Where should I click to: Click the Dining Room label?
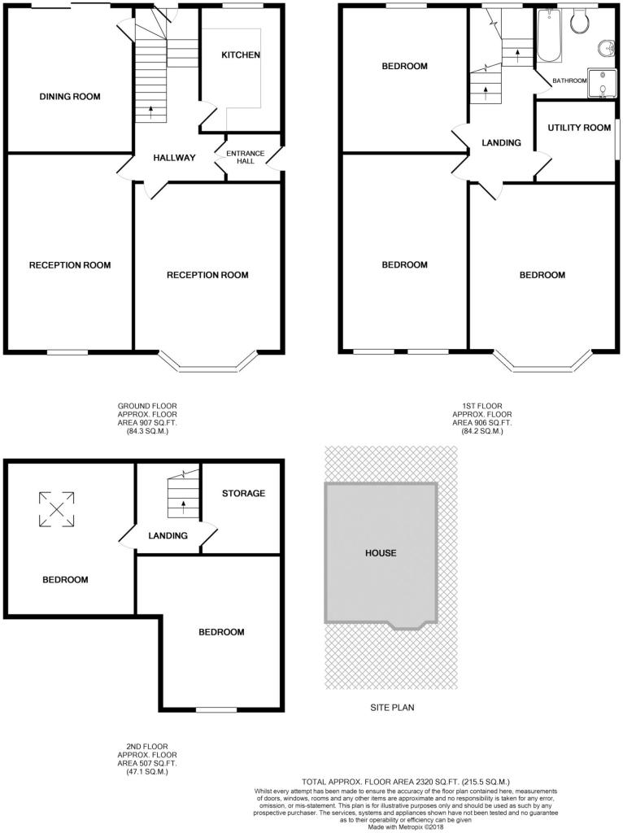click(x=70, y=97)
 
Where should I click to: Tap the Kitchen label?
click(x=241, y=55)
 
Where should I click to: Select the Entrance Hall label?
click(x=246, y=157)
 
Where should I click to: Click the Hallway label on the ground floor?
click(x=174, y=158)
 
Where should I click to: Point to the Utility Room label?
click(x=579, y=128)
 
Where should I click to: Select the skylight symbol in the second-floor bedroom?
click(x=56, y=509)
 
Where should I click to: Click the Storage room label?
click(x=243, y=494)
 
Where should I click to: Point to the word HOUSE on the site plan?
click(x=381, y=553)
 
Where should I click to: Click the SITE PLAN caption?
click(x=392, y=708)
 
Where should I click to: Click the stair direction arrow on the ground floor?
click(x=150, y=111)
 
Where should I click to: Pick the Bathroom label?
click(x=569, y=81)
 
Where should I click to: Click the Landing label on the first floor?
click(x=501, y=143)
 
